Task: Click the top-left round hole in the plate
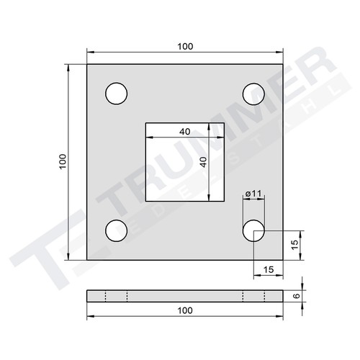(116, 94)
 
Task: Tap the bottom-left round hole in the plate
(116, 230)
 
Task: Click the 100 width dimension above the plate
(184, 46)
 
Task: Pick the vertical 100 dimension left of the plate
(63, 162)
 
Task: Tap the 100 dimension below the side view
(184, 310)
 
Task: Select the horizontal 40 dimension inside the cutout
(184, 132)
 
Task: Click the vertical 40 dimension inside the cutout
(203, 162)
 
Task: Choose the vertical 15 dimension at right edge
(295, 245)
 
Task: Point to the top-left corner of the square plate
(87, 65)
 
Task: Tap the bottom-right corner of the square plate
(282, 259)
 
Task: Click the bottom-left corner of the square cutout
(145, 201)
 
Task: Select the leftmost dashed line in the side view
(105, 295)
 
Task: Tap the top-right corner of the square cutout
(223, 123)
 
